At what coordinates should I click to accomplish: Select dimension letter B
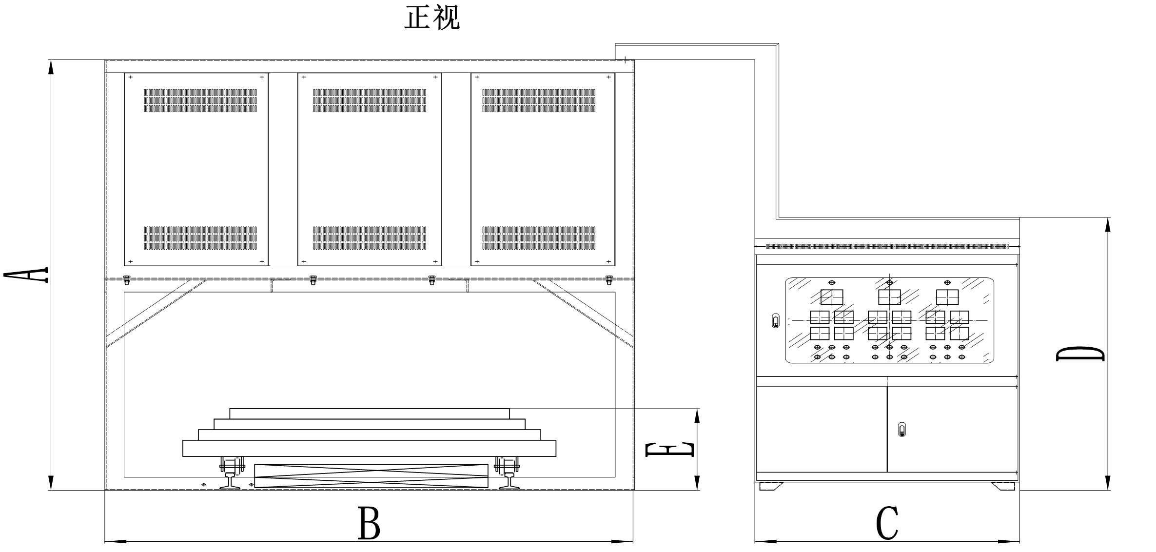(369, 523)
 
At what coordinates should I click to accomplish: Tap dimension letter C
(887, 524)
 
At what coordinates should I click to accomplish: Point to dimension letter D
(1080, 354)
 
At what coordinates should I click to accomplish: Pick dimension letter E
(669, 450)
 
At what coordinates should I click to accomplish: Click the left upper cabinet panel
(196, 169)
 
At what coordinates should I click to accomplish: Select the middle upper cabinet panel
(370, 169)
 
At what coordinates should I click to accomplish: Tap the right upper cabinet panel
(543, 169)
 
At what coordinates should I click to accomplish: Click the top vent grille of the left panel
(200, 100)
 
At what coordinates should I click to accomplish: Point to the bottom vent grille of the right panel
(539, 238)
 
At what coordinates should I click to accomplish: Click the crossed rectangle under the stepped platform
(371, 476)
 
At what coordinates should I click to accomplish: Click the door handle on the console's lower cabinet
(902, 430)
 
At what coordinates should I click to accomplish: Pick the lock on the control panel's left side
(776, 321)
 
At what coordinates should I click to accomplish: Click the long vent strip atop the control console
(887, 246)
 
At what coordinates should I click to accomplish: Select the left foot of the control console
(771, 486)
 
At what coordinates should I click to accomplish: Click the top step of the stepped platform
(370, 414)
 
